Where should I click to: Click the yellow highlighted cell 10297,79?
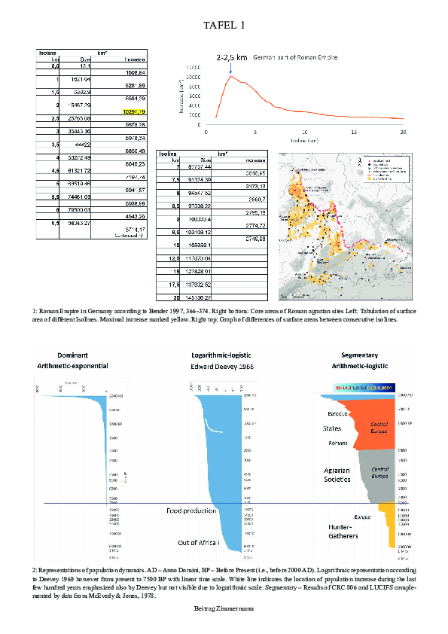(x=133, y=111)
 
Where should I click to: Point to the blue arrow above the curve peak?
(x=230, y=68)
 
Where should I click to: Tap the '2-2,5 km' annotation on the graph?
(x=231, y=57)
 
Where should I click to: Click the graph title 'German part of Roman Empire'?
(x=294, y=57)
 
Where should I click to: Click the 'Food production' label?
(x=194, y=511)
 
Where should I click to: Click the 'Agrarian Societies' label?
(x=337, y=475)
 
